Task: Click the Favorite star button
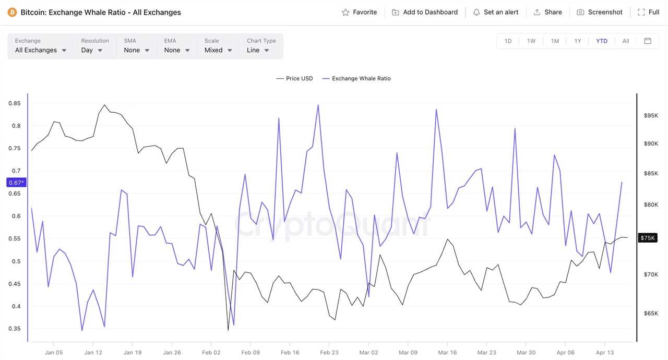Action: pyautogui.click(x=359, y=12)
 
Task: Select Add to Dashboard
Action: pyautogui.click(x=425, y=12)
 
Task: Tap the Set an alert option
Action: pyautogui.click(x=495, y=12)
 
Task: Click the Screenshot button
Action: pyautogui.click(x=600, y=12)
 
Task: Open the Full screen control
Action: pyautogui.click(x=649, y=12)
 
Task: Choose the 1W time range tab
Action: pyautogui.click(x=531, y=41)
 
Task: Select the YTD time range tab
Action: pyautogui.click(x=602, y=41)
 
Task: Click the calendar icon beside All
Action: pyautogui.click(x=648, y=41)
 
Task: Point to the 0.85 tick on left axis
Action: pyautogui.click(x=15, y=103)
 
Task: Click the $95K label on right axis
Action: pyautogui.click(x=651, y=115)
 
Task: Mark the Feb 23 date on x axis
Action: pyautogui.click(x=329, y=352)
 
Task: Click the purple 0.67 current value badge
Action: pyautogui.click(x=16, y=183)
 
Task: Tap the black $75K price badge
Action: pyautogui.click(x=647, y=238)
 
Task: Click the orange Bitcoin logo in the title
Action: pyautogui.click(x=12, y=12)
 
